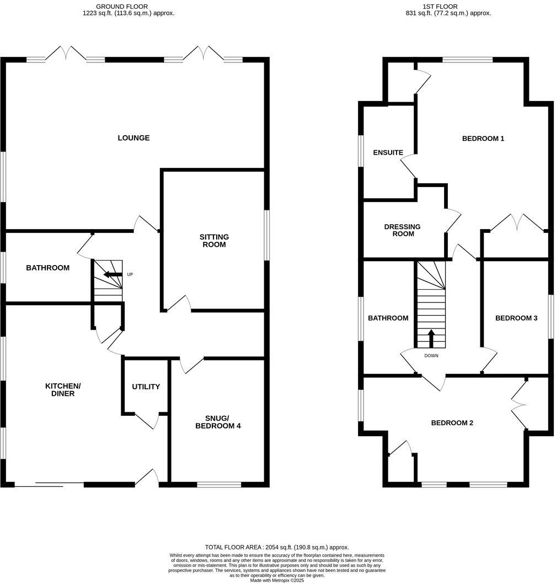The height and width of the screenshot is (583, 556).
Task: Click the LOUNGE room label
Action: click(133, 138)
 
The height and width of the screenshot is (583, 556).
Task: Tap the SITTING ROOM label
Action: click(214, 241)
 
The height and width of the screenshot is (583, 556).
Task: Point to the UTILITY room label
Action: click(146, 386)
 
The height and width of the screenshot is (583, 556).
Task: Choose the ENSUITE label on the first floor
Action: click(388, 152)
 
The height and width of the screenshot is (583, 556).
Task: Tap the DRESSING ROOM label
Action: click(402, 230)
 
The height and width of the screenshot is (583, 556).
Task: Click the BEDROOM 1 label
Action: click(483, 139)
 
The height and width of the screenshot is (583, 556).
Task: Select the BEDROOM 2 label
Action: click(452, 423)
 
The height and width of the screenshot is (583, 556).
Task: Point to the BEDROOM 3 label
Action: click(516, 318)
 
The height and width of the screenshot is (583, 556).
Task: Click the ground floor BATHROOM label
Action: click(48, 268)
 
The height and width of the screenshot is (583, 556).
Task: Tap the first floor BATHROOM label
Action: click(388, 318)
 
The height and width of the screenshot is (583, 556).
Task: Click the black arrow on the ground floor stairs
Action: click(113, 274)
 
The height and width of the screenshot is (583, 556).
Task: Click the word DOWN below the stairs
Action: click(431, 356)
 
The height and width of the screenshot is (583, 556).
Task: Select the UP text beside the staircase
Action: click(130, 274)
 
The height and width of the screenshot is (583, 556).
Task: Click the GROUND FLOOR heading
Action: click(122, 7)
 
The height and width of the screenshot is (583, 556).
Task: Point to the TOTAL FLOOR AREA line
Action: click(277, 547)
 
